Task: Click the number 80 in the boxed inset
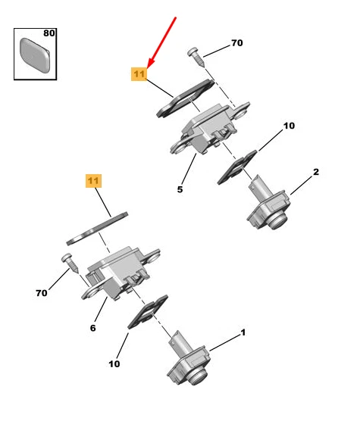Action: [49, 33]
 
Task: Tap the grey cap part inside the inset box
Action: [35, 55]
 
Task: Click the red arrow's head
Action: [151, 62]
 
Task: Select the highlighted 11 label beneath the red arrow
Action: [139, 74]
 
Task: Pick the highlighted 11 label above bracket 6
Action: [93, 181]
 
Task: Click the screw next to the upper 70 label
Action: [196, 57]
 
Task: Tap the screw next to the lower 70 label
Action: [70, 263]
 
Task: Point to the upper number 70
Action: [236, 42]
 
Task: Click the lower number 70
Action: [42, 293]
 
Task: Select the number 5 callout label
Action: [180, 189]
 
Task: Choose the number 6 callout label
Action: [92, 328]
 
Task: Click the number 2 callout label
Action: [316, 172]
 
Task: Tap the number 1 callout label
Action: [243, 332]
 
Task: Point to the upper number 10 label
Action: [289, 126]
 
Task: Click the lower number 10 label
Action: [114, 363]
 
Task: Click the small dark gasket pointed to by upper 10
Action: [237, 167]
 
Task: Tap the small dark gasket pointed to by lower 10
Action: [148, 312]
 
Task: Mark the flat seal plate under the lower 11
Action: [97, 229]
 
